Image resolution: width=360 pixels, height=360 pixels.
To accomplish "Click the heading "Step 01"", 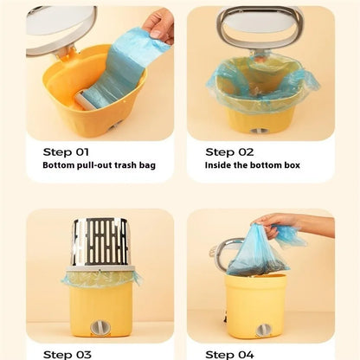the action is [66, 152].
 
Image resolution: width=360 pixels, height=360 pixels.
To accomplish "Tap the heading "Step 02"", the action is [229, 152].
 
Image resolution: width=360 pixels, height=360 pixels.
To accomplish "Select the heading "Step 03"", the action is [67, 355].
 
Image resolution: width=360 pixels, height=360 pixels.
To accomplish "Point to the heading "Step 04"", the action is [229, 355].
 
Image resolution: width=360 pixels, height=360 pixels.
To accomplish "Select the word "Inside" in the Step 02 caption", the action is [215, 165].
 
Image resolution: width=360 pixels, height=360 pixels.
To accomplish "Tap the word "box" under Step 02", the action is [292, 165].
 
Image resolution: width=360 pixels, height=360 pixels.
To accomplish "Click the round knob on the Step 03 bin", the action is [100, 327].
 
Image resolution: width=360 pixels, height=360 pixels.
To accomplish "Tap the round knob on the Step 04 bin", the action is [264, 331].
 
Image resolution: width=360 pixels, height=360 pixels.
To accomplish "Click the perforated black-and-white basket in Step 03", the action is [100, 242].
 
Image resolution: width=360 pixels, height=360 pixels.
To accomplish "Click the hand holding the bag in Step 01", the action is [159, 25].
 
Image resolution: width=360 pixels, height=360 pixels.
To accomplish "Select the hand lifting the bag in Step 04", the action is [277, 225].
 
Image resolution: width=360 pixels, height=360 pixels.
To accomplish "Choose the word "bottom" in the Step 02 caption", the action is [266, 165].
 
